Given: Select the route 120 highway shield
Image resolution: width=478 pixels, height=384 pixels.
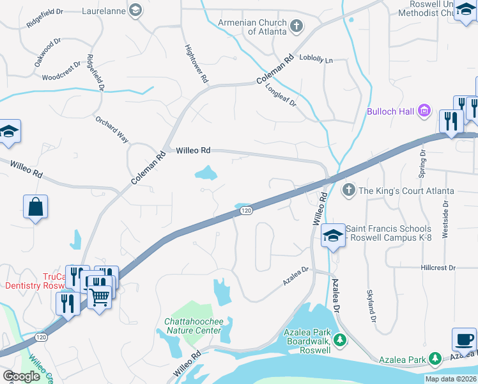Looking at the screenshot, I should (245, 210).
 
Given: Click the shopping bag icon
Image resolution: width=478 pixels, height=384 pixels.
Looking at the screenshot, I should (36, 207).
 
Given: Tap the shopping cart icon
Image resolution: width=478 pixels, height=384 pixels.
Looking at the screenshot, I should (100, 296).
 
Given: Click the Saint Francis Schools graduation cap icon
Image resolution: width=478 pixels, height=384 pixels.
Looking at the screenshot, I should (332, 236).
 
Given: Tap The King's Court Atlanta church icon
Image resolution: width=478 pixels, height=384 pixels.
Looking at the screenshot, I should (348, 190).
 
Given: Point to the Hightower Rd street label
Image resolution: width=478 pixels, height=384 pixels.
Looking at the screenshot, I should (196, 64).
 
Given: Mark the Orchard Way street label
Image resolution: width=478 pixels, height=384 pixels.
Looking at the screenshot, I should (112, 130).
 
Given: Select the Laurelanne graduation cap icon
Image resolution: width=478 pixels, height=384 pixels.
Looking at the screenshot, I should (135, 10).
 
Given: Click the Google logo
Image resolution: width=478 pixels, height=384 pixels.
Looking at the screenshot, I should (22, 376).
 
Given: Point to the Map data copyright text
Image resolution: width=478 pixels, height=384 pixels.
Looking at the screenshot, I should (451, 379).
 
